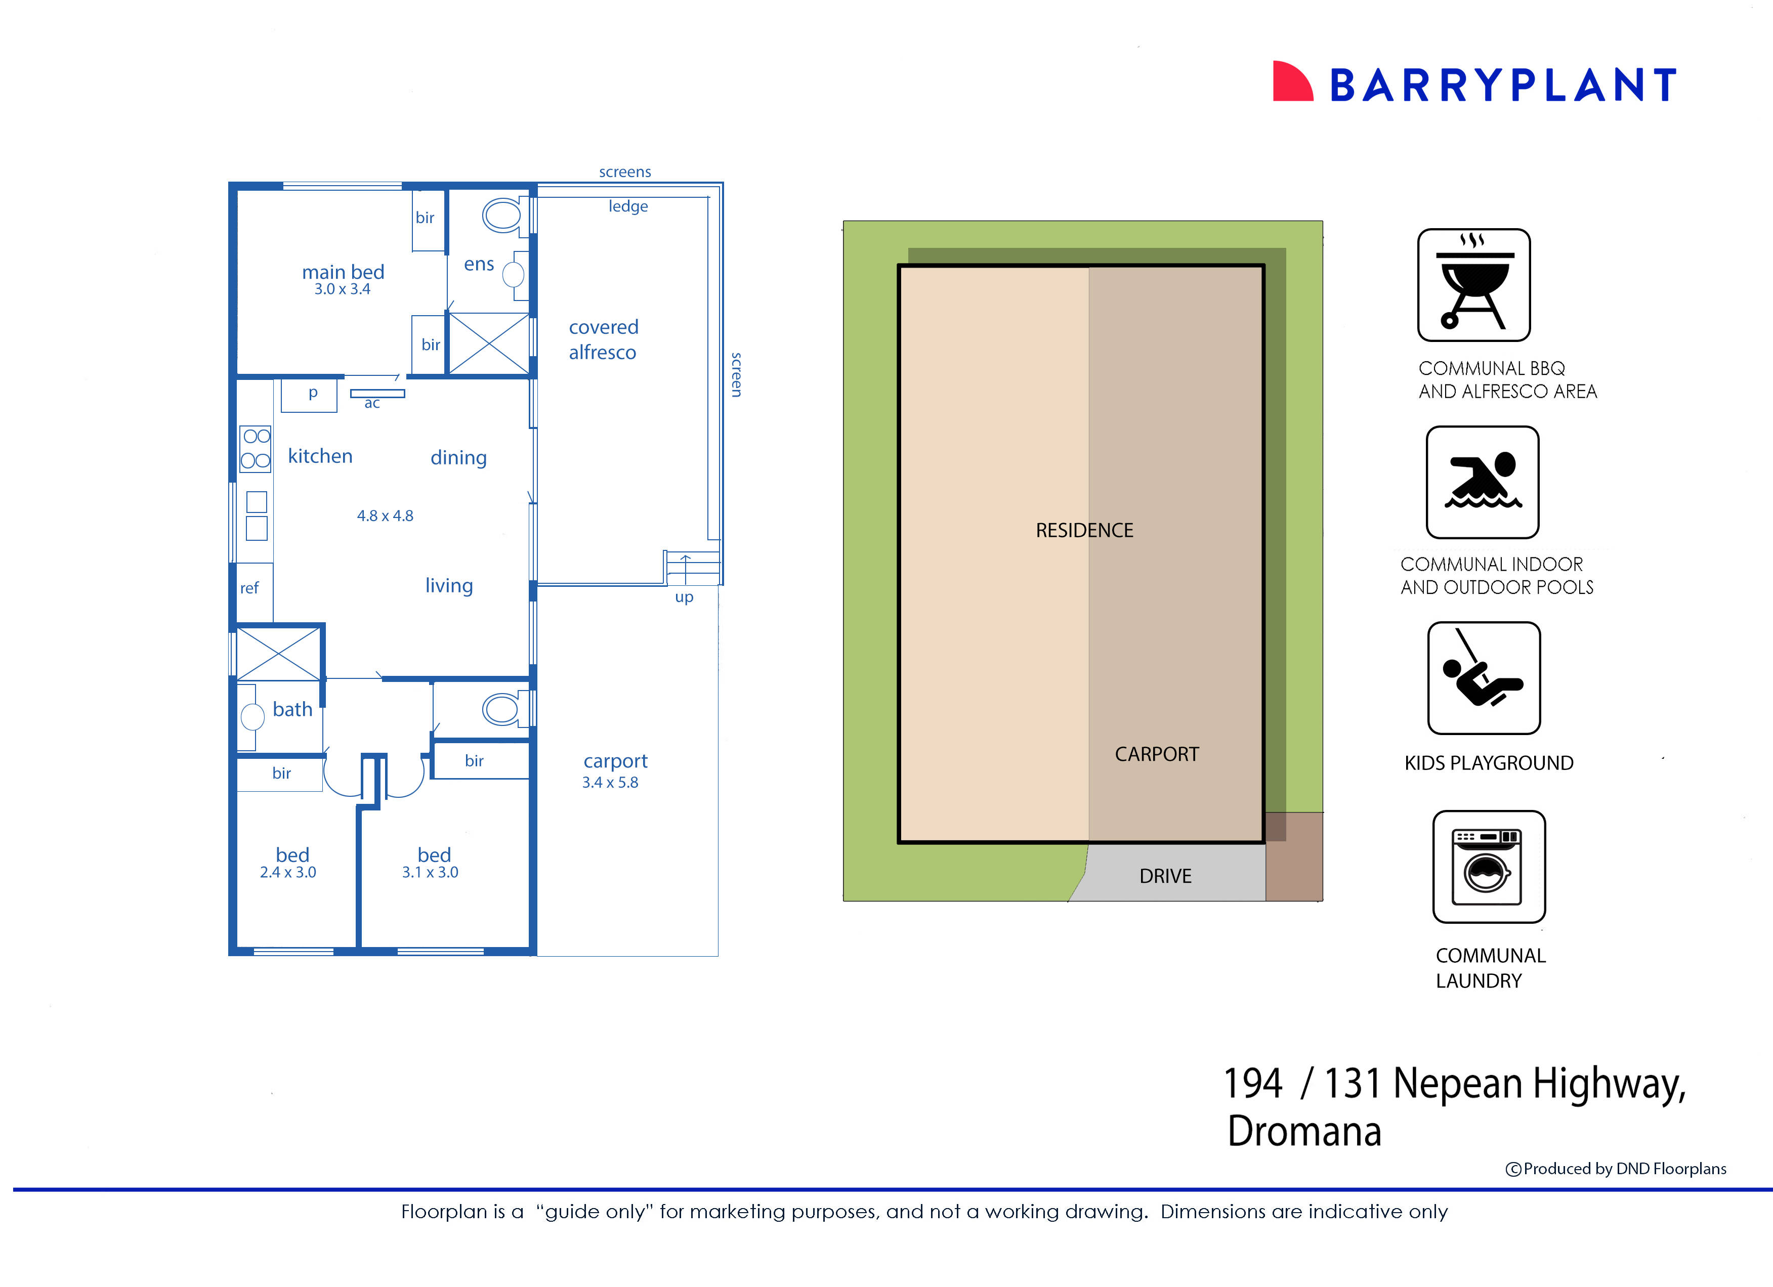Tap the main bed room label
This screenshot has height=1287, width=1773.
(343, 272)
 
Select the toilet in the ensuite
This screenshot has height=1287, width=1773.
(502, 215)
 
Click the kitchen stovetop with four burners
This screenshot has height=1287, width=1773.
(256, 449)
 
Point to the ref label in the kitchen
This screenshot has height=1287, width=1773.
(249, 588)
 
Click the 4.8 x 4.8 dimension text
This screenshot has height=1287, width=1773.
(385, 516)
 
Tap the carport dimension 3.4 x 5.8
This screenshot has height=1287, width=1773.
(610, 782)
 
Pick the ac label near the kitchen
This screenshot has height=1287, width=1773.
(372, 403)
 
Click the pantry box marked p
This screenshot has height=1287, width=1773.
(310, 395)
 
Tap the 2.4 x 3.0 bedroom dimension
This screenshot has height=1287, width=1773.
(288, 872)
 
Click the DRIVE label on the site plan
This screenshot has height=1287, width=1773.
(1165, 876)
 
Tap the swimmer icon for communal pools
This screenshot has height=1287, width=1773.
(1482, 482)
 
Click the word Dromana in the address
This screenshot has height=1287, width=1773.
(1304, 1131)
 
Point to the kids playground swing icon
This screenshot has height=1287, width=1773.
(1483, 677)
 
